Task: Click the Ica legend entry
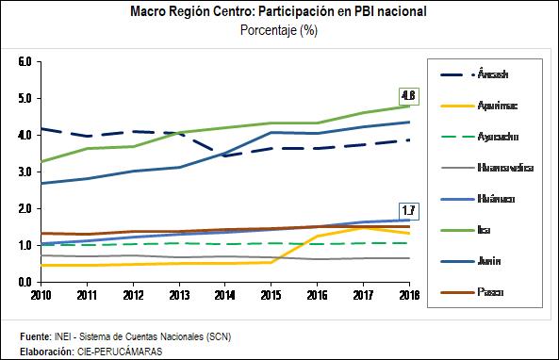484,230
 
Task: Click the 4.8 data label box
407,95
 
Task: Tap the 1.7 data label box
407,209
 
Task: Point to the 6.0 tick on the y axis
25,62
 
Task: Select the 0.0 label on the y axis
25,282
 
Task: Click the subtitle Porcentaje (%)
279,29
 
